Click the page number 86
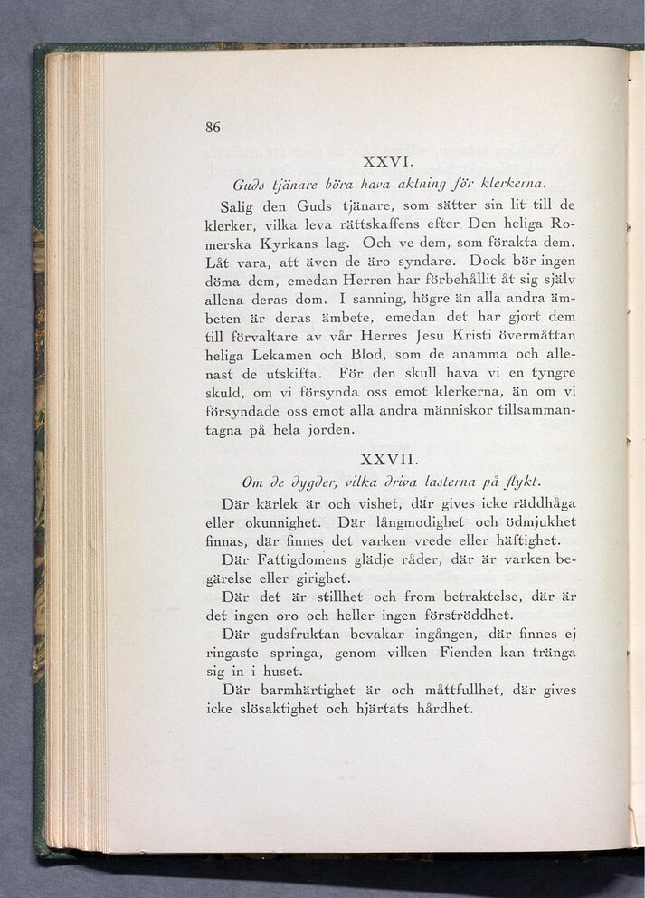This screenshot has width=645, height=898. (x=213, y=127)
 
